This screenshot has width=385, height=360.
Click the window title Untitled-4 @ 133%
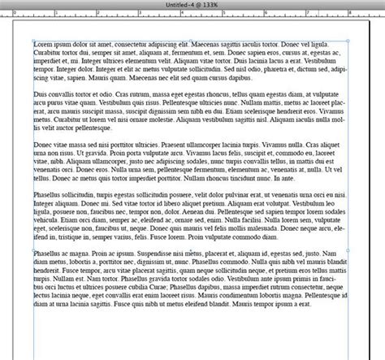(192, 5)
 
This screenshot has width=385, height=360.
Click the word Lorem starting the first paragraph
(44, 41)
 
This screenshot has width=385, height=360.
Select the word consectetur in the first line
(145, 41)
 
